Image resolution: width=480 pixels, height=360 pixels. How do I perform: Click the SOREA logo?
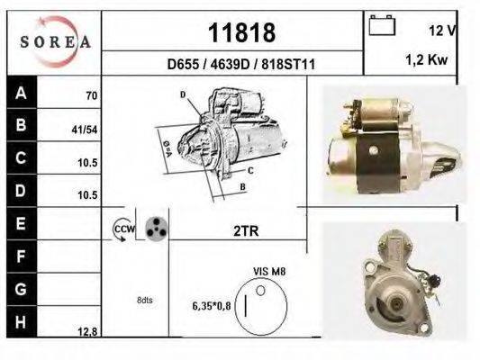tap(54, 41)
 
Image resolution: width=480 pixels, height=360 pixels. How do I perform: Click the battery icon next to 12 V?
tap(383, 26)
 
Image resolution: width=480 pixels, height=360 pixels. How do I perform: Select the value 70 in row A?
tap(91, 95)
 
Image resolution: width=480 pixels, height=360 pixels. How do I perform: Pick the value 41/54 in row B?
tap(85, 130)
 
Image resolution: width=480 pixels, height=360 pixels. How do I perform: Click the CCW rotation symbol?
tap(122, 230)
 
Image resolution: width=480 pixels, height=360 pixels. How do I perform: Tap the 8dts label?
tap(144, 300)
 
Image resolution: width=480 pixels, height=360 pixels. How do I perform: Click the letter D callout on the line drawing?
tap(183, 94)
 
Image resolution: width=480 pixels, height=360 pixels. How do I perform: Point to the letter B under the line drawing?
tap(242, 187)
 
